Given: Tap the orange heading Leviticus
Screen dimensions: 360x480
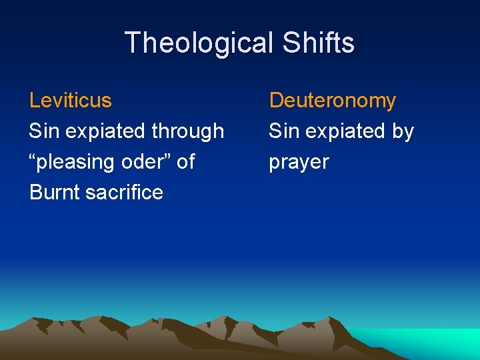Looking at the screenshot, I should point(71,101).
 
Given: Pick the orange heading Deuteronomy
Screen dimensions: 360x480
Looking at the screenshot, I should point(332,101).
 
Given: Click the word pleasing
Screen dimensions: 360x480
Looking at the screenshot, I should point(78,162).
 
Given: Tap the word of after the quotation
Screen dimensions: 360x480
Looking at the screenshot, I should point(186,161).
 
